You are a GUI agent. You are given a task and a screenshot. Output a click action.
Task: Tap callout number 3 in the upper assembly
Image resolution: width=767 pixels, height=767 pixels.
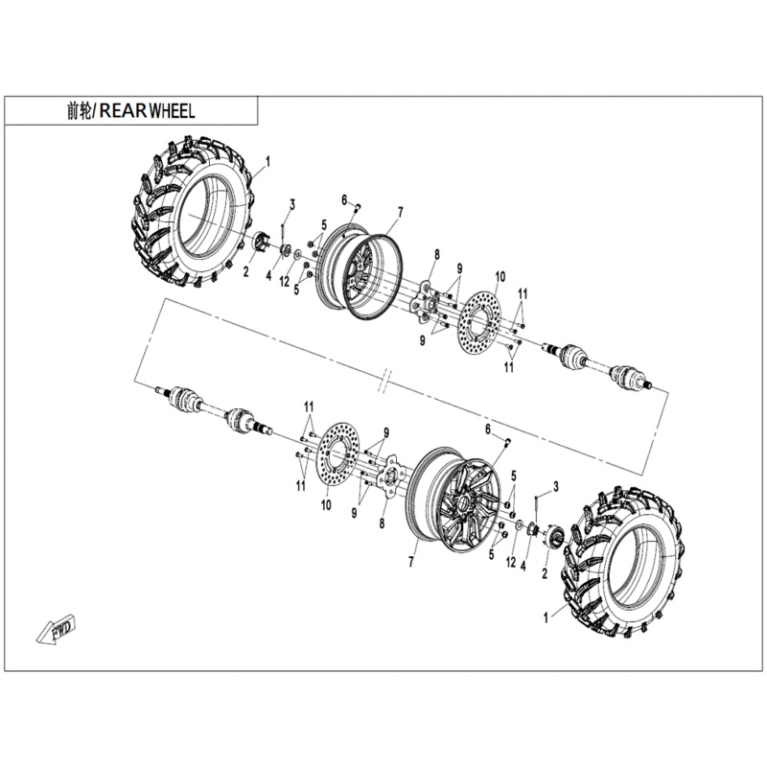(291, 203)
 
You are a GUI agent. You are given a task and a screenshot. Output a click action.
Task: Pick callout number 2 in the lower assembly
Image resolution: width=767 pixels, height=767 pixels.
(545, 573)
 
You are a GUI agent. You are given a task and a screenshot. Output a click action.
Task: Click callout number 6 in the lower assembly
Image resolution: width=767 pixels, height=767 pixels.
(487, 428)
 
